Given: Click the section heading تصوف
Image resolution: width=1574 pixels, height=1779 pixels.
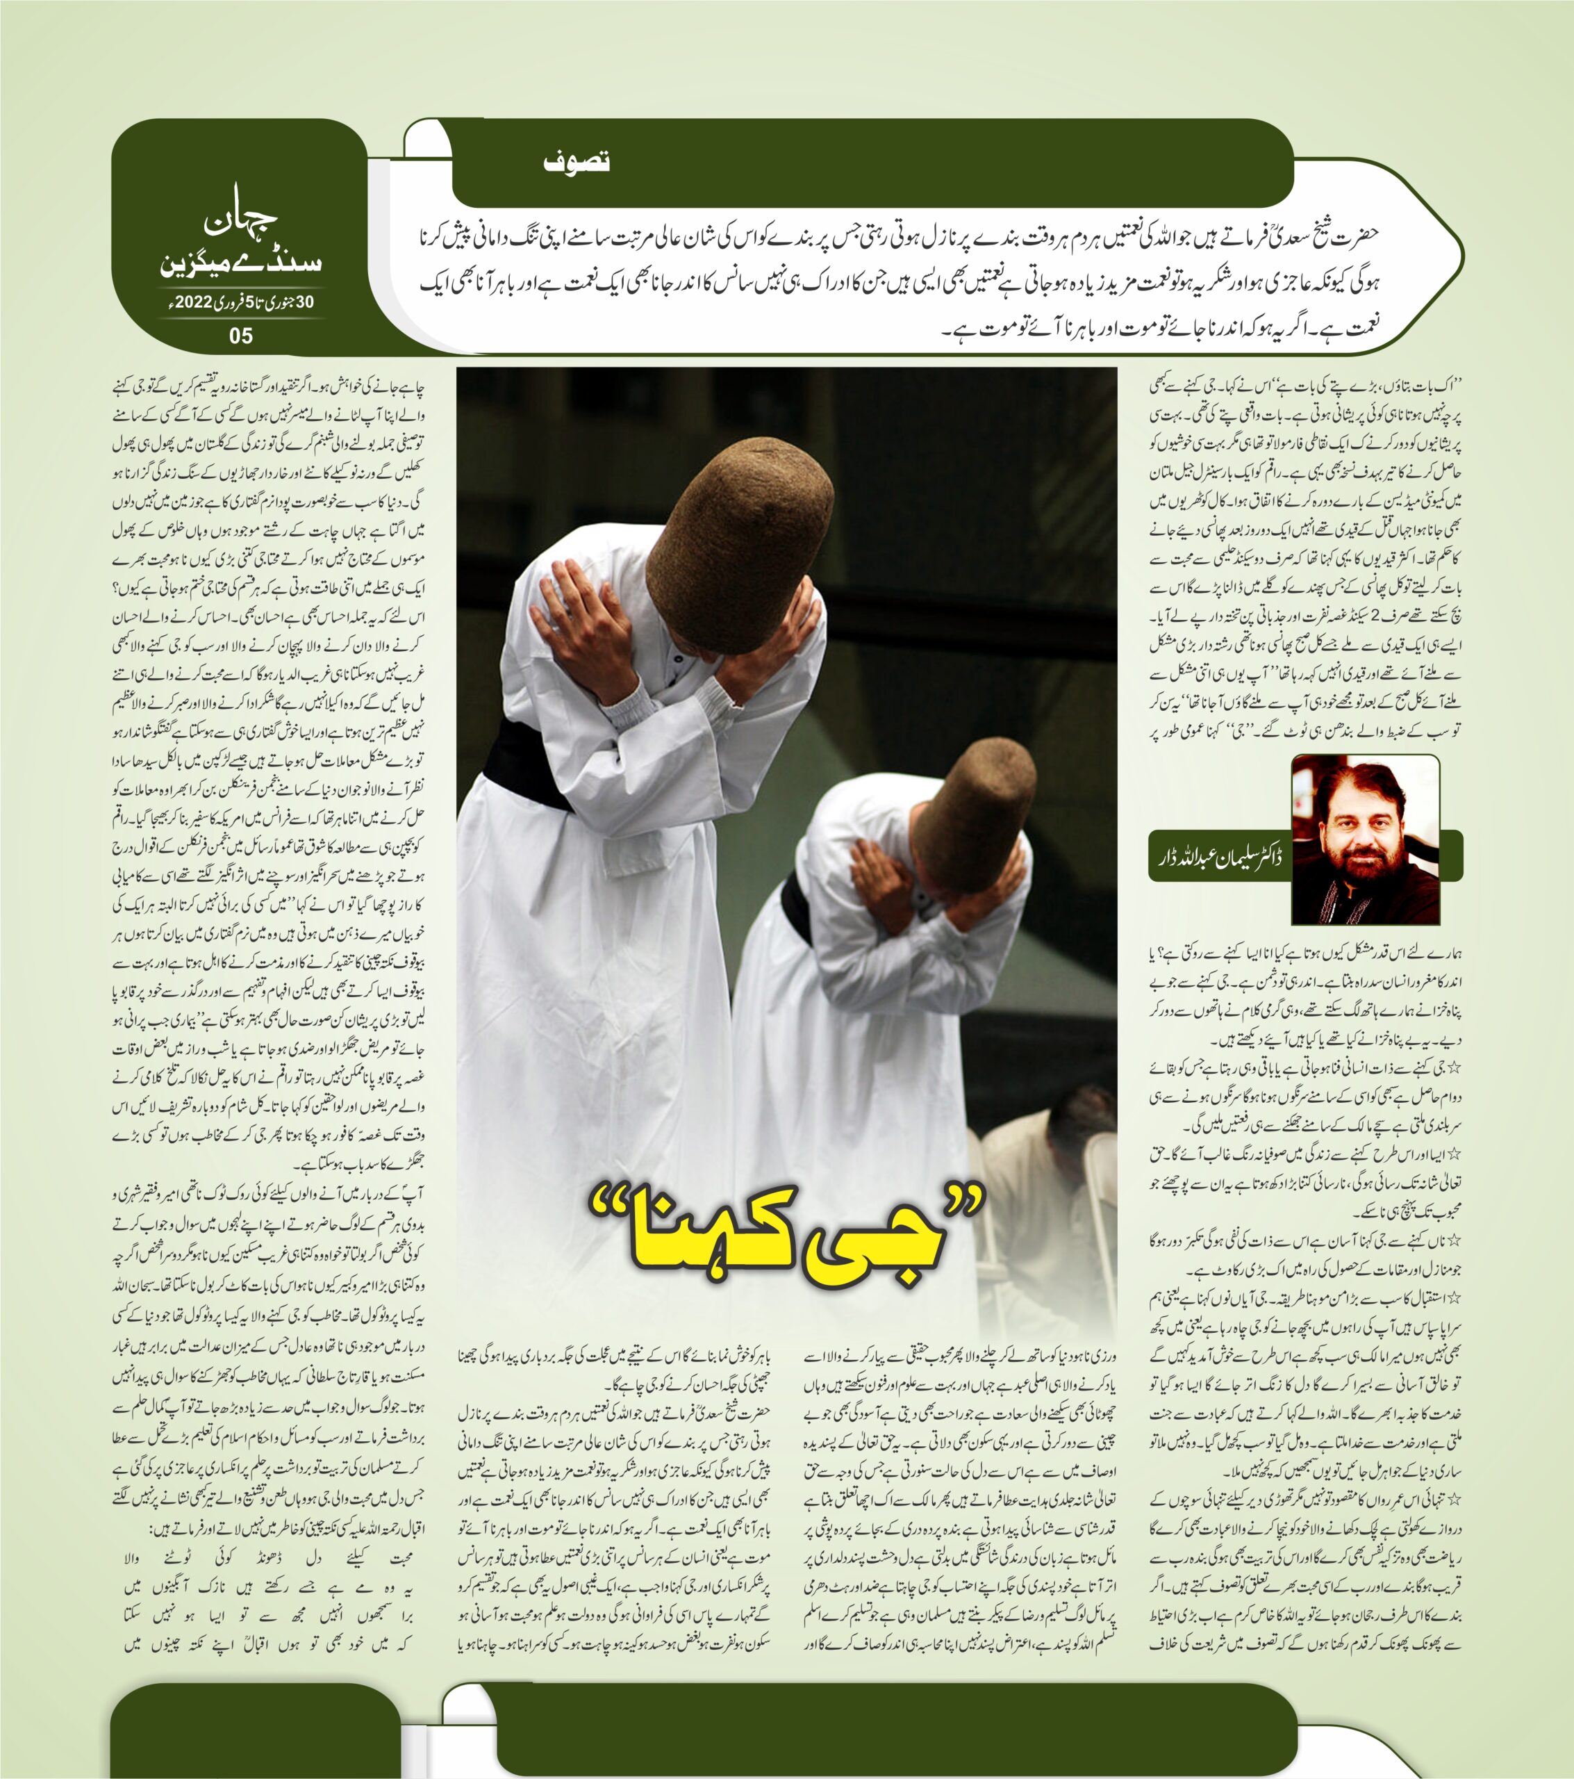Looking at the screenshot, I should coord(576,162).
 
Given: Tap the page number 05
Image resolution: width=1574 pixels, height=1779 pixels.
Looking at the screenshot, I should coord(241,335).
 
